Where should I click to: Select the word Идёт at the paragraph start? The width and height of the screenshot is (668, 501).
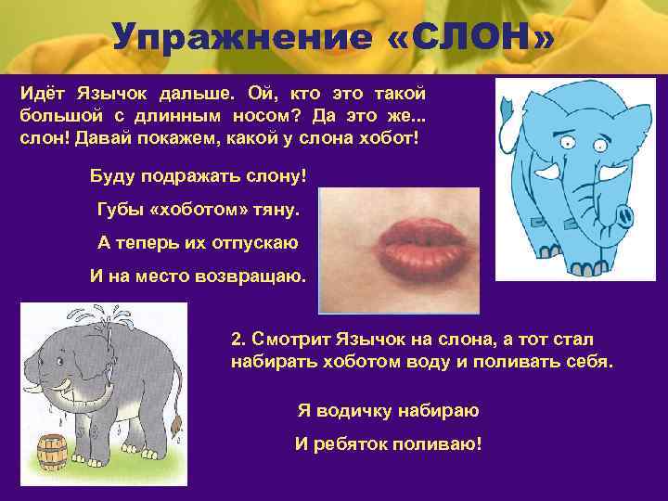40,94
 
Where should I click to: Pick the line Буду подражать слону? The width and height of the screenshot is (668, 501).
198,175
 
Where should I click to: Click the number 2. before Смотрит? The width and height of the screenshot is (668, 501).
238,340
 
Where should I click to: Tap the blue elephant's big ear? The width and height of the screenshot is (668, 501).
533,144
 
